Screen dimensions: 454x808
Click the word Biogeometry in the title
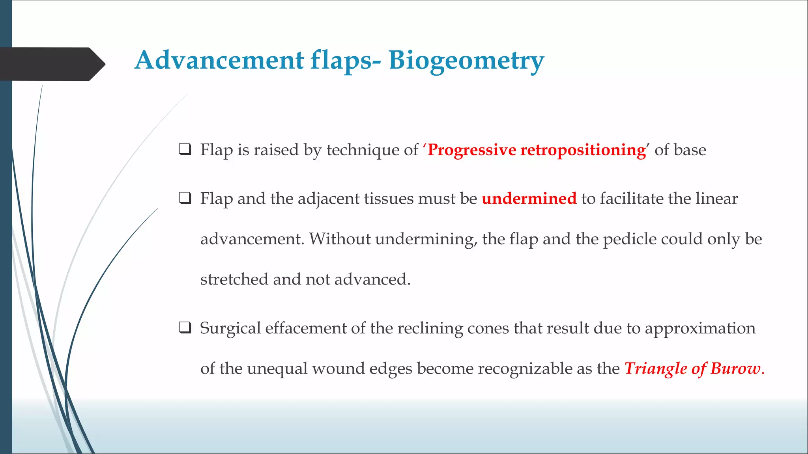pyautogui.click(x=466, y=61)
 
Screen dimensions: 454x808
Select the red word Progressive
pyautogui.click(x=471, y=150)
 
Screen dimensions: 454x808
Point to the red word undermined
pyautogui.click(x=529, y=199)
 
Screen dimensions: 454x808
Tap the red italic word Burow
pyautogui.click(x=735, y=368)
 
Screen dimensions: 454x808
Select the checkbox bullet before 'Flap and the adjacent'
pyautogui.click(x=185, y=198)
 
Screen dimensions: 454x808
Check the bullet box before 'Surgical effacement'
pyautogui.click(x=185, y=327)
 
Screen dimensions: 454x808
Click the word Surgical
pyautogui.click(x=230, y=328)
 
